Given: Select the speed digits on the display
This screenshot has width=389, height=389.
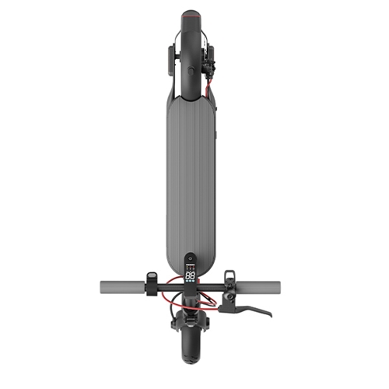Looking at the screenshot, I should (190, 275).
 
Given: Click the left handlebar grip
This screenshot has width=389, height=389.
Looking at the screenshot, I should (121, 286).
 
